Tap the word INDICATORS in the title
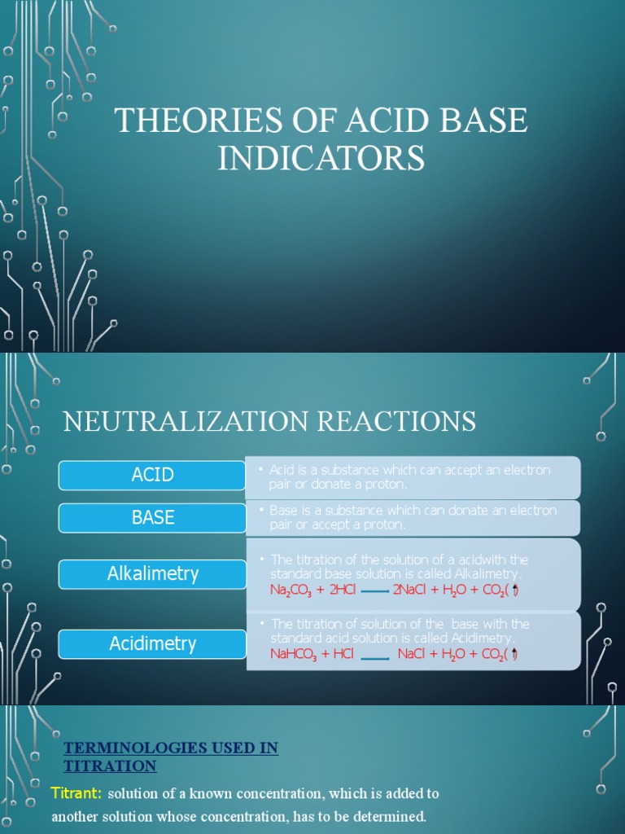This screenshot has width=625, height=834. coord(321,157)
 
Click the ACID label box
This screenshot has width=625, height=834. coord(152,475)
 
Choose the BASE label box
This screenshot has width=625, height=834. coord(152,517)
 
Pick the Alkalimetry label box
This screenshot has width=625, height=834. coord(152,573)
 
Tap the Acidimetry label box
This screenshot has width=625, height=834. coord(152,643)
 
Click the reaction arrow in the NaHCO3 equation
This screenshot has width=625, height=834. coord(374,657)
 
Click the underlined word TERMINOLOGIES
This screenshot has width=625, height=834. coord(129,748)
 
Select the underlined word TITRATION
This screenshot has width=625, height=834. coord(110,766)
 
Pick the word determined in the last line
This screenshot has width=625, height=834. coord(385,816)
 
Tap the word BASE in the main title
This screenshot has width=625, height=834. coord(481,121)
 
